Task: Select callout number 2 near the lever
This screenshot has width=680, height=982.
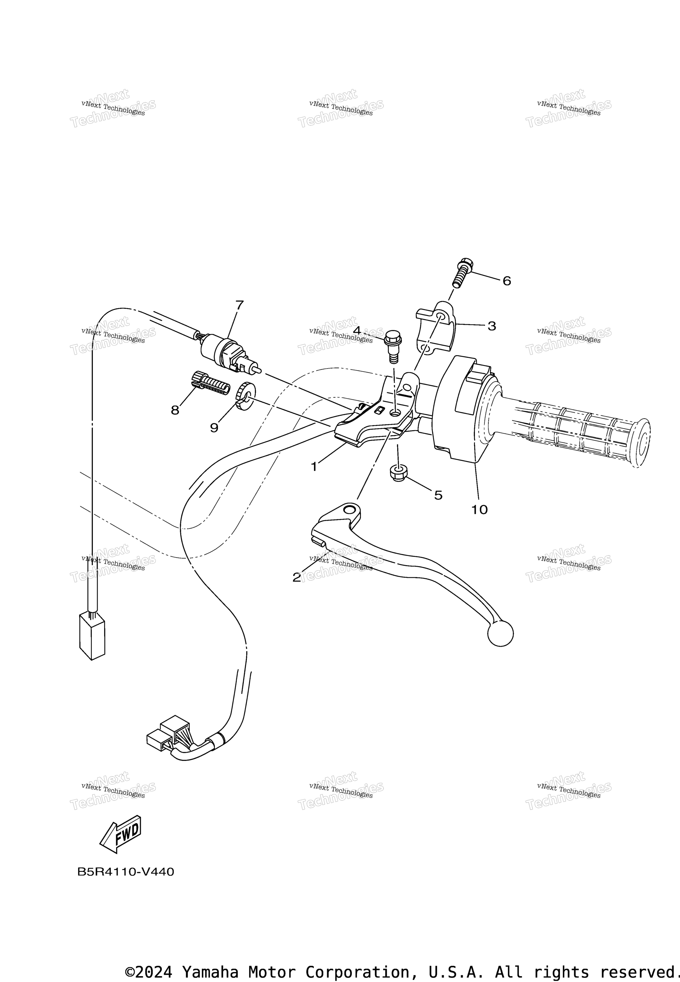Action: [297, 577]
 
